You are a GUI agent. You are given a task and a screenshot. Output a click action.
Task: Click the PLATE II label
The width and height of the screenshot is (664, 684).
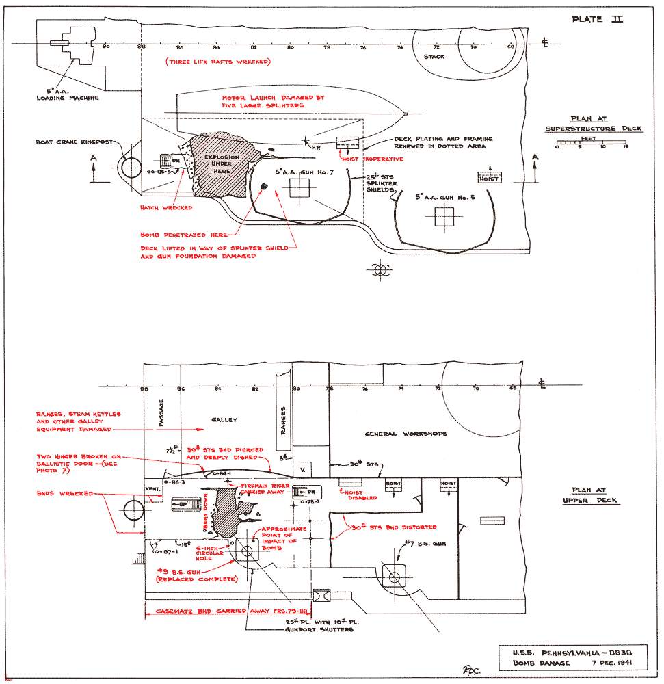pyautogui.click(x=596, y=19)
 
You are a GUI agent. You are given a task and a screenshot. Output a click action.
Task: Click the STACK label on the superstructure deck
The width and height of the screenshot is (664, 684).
pyautogui.click(x=434, y=57)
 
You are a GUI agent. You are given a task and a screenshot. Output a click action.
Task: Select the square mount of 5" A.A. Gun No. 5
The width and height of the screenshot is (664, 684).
pyautogui.click(x=443, y=217)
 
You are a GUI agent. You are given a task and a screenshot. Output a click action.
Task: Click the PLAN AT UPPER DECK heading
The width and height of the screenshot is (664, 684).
pyautogui.click(x=594, y=496)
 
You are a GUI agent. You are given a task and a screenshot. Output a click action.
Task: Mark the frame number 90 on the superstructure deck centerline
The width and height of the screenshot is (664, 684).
pyautogui.click(x=105, y=47)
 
